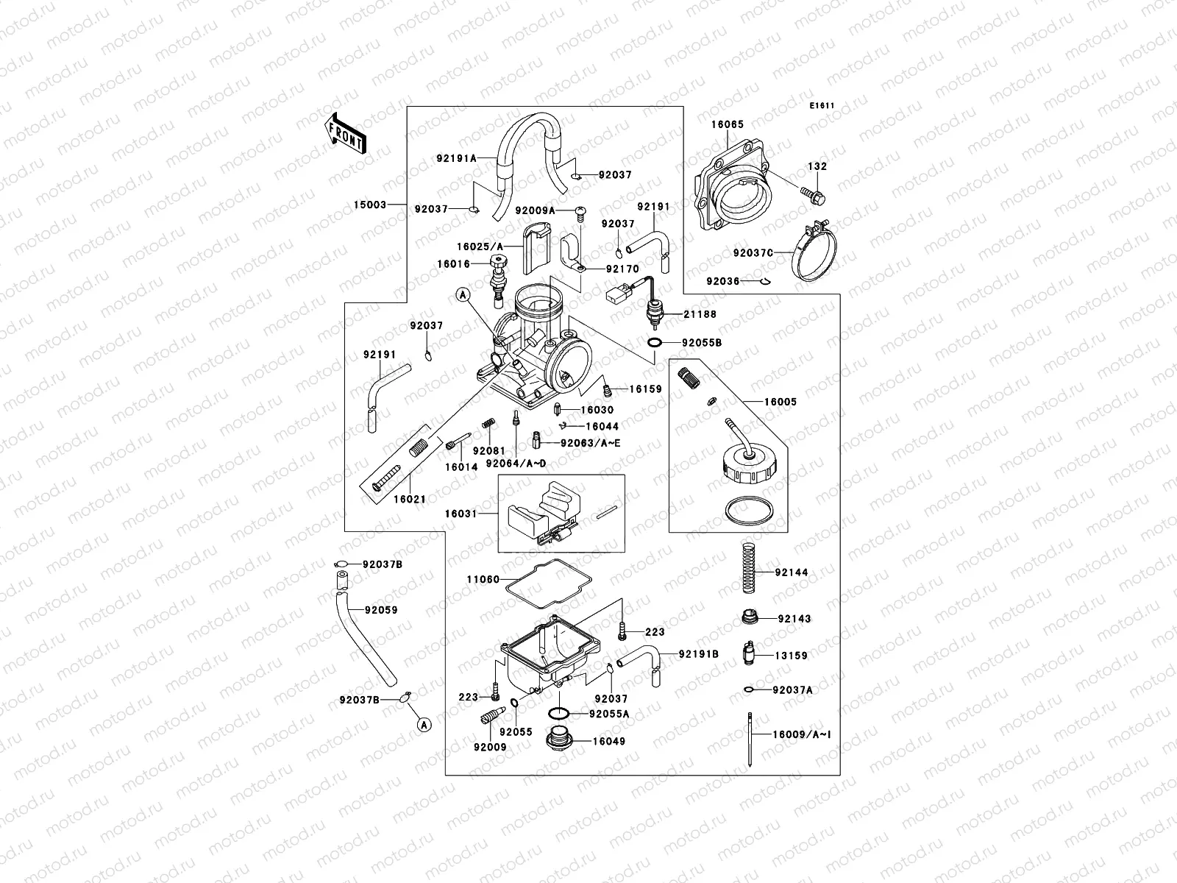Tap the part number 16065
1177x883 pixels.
click(x=727, y=124)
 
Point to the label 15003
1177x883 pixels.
click(x=369, y=205)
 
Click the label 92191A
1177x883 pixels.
click(x=456, y=157)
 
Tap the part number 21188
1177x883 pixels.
click(x=699, y=314)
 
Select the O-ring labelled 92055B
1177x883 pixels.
click(x=653, y=343)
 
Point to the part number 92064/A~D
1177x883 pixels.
click(x=516, y=464)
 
